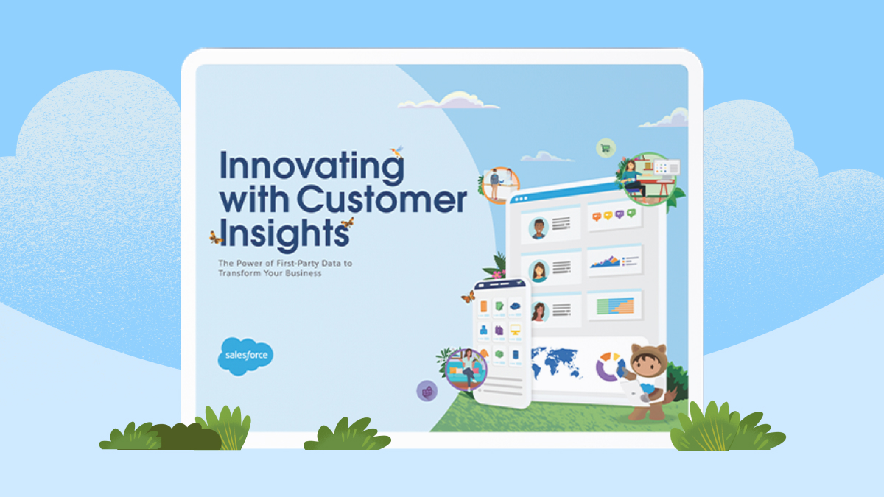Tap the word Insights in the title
[x=284, y=234]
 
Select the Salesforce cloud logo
[x=245, y=356]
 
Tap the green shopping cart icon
[x=606, y=148]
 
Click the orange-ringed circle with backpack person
[x=500, y=185]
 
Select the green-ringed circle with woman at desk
[x=649, y=179]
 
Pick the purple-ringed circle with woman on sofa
[x=466, y=370]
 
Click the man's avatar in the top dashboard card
[x=539, y=228]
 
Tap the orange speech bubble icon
[x=596, y=216]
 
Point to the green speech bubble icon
[x=631, y=213]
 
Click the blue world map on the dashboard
[x=556, y=362]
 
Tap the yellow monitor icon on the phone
[x=515, y=330]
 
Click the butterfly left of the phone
[x=469, y=297]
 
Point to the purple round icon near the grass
[x=427, y=391]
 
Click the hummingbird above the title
[x=397, y=152]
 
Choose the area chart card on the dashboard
[x=614, y=261]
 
